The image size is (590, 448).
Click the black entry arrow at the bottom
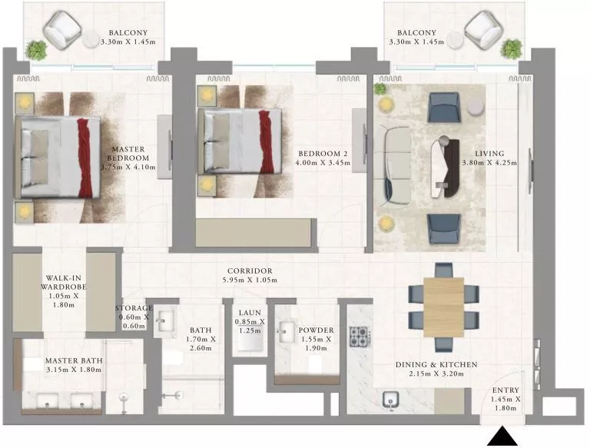click(505, 438)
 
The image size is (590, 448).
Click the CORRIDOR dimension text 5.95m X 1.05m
click(250, 282)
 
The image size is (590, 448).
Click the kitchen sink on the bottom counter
click(390, 400)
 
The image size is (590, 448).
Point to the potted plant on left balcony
click(35, 51)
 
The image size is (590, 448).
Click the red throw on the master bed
click(84, 158)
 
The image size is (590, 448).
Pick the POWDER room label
click(315, 330)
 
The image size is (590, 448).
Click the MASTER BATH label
click(74, 360)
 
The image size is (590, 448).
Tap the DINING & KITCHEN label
click(436, 364)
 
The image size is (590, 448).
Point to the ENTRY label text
click(506, 390)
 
